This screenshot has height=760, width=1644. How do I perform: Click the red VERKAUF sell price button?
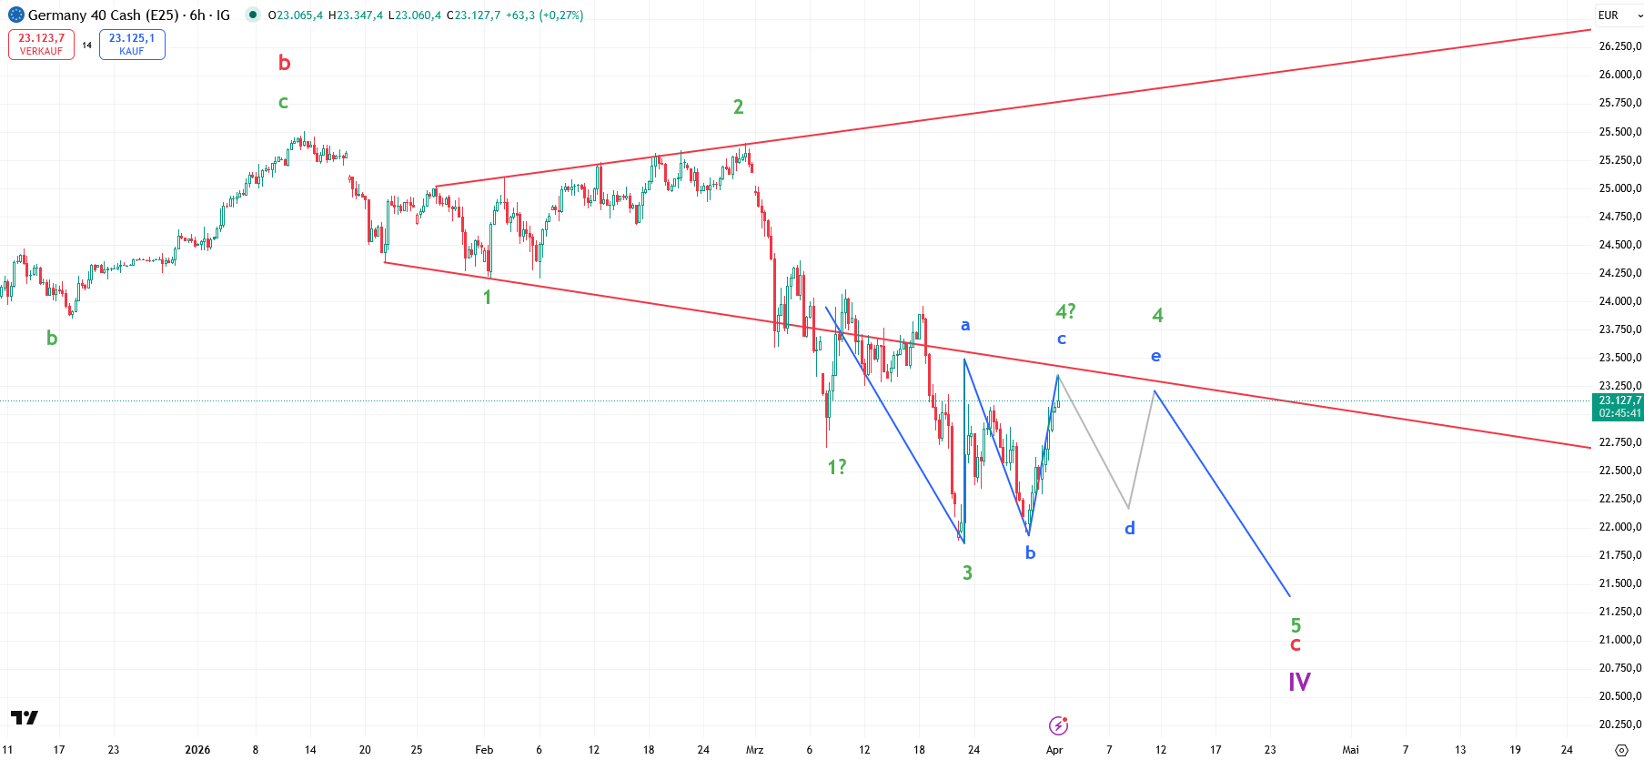41,44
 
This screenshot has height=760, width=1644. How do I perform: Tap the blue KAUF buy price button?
132,44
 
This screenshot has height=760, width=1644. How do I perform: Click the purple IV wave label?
1299,682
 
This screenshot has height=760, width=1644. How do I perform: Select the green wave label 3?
967,573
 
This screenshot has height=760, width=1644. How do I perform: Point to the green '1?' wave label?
836,467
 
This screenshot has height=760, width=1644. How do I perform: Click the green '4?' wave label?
1065,311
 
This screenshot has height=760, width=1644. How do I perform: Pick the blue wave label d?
1129,528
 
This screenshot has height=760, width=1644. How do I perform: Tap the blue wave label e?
1155,356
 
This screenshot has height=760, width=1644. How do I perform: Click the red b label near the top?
284,63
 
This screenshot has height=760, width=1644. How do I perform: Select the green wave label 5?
1296,625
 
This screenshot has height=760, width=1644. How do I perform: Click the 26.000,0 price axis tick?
1619,75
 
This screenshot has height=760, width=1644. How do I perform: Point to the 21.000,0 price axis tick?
1619,640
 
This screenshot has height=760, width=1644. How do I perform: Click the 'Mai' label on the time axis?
1350,750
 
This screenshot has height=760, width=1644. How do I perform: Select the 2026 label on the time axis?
197,750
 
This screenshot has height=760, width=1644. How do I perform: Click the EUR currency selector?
1619,15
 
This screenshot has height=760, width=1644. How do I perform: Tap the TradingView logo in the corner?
25,718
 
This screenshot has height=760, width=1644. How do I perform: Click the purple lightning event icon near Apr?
1058,725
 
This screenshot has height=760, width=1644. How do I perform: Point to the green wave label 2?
738,106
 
